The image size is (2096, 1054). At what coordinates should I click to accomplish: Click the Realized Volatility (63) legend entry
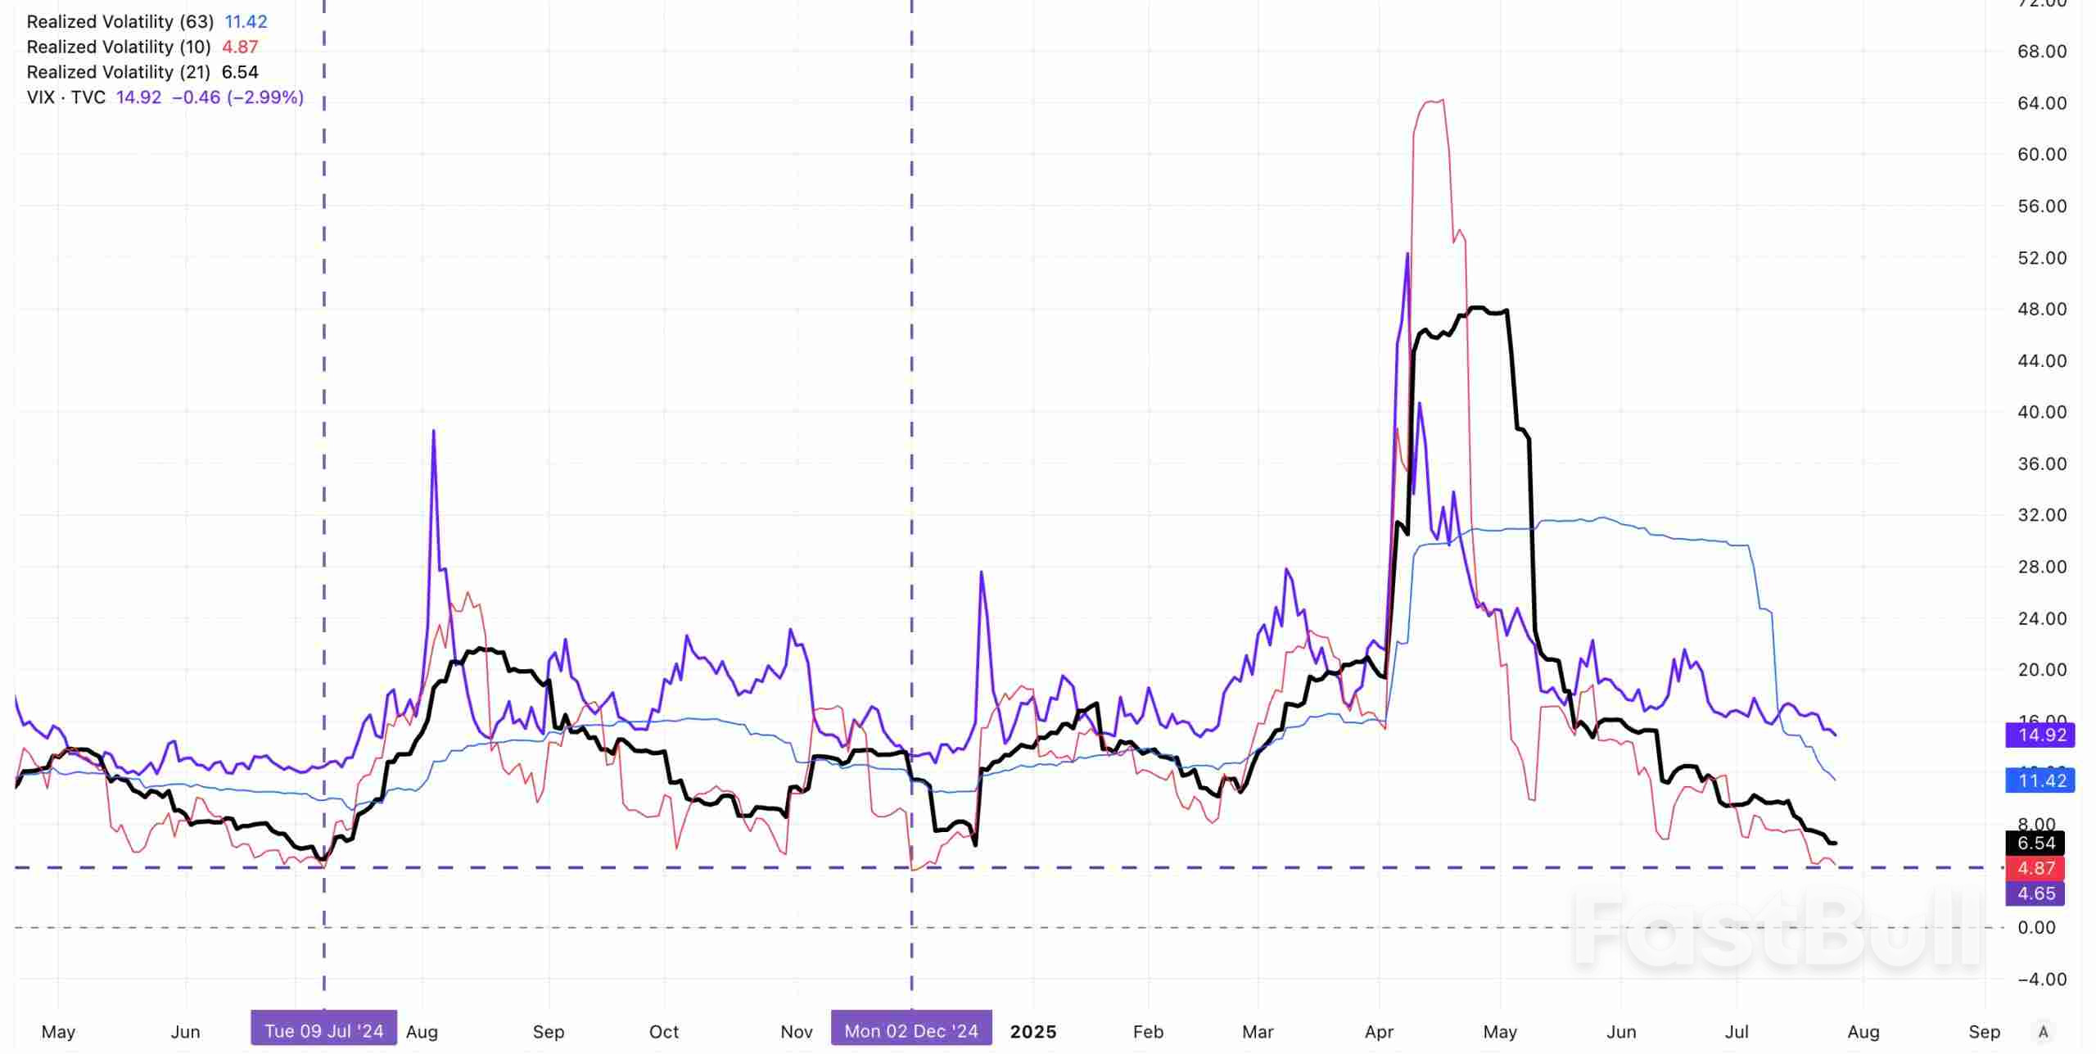(x=120, y=22)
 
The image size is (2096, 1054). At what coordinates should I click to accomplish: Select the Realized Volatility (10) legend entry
(x=119, y=47)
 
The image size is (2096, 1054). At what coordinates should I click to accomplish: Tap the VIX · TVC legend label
(x=66, y=97)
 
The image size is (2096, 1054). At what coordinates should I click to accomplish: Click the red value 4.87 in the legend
(x=240, y=47)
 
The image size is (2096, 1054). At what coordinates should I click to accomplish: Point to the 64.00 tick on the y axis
(x=2042, y=103)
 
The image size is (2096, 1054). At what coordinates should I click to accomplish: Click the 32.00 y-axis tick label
(x=2042, y=515)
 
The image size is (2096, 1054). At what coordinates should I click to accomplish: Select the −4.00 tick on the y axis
(x=2042, y=979)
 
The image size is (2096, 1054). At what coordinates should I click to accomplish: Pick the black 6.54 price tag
(x=2035, y=843)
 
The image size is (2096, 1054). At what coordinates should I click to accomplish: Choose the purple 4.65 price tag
(x=2035, y=893)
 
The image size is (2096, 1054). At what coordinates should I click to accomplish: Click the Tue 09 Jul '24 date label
(x=324, y=1031)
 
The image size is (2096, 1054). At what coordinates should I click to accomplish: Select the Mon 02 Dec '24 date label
(x=911, y=1031)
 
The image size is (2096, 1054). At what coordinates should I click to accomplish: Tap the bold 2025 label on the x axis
(x=1033, y=1032)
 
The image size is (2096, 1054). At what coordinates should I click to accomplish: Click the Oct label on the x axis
(x=664, y=1032)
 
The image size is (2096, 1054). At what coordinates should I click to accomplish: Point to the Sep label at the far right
(x=1985, y=1032)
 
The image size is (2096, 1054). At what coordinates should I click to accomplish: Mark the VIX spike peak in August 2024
(x=433, y=431)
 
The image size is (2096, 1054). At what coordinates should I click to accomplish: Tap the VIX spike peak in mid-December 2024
(x=981, y=572)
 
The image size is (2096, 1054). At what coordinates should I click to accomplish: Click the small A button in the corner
(x=2044, y=1032)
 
